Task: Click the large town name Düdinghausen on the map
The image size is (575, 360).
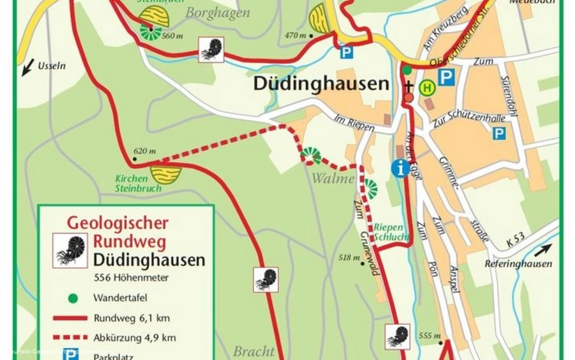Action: [x=321, y=84]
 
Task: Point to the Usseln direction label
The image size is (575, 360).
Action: [x=52, y=65]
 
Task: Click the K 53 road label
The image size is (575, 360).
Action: [x=516, y=240]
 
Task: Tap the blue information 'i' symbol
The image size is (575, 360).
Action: [x=401, y=168]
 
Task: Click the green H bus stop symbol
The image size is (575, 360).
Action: [x=427, y=86]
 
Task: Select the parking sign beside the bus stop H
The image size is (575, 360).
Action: [x=446, y=77]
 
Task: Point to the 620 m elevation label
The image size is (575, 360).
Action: [x=144, y=152]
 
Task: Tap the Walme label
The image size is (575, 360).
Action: [x=333, y=179]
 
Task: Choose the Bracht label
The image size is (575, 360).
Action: [x=254, y=351]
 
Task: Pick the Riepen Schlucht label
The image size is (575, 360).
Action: [x=389, y=231]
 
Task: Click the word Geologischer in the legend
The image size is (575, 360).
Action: [x=118, y=223]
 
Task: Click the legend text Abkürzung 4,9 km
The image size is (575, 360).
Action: [x=134, y=338]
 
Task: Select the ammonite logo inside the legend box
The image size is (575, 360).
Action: [x=70, y=250]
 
